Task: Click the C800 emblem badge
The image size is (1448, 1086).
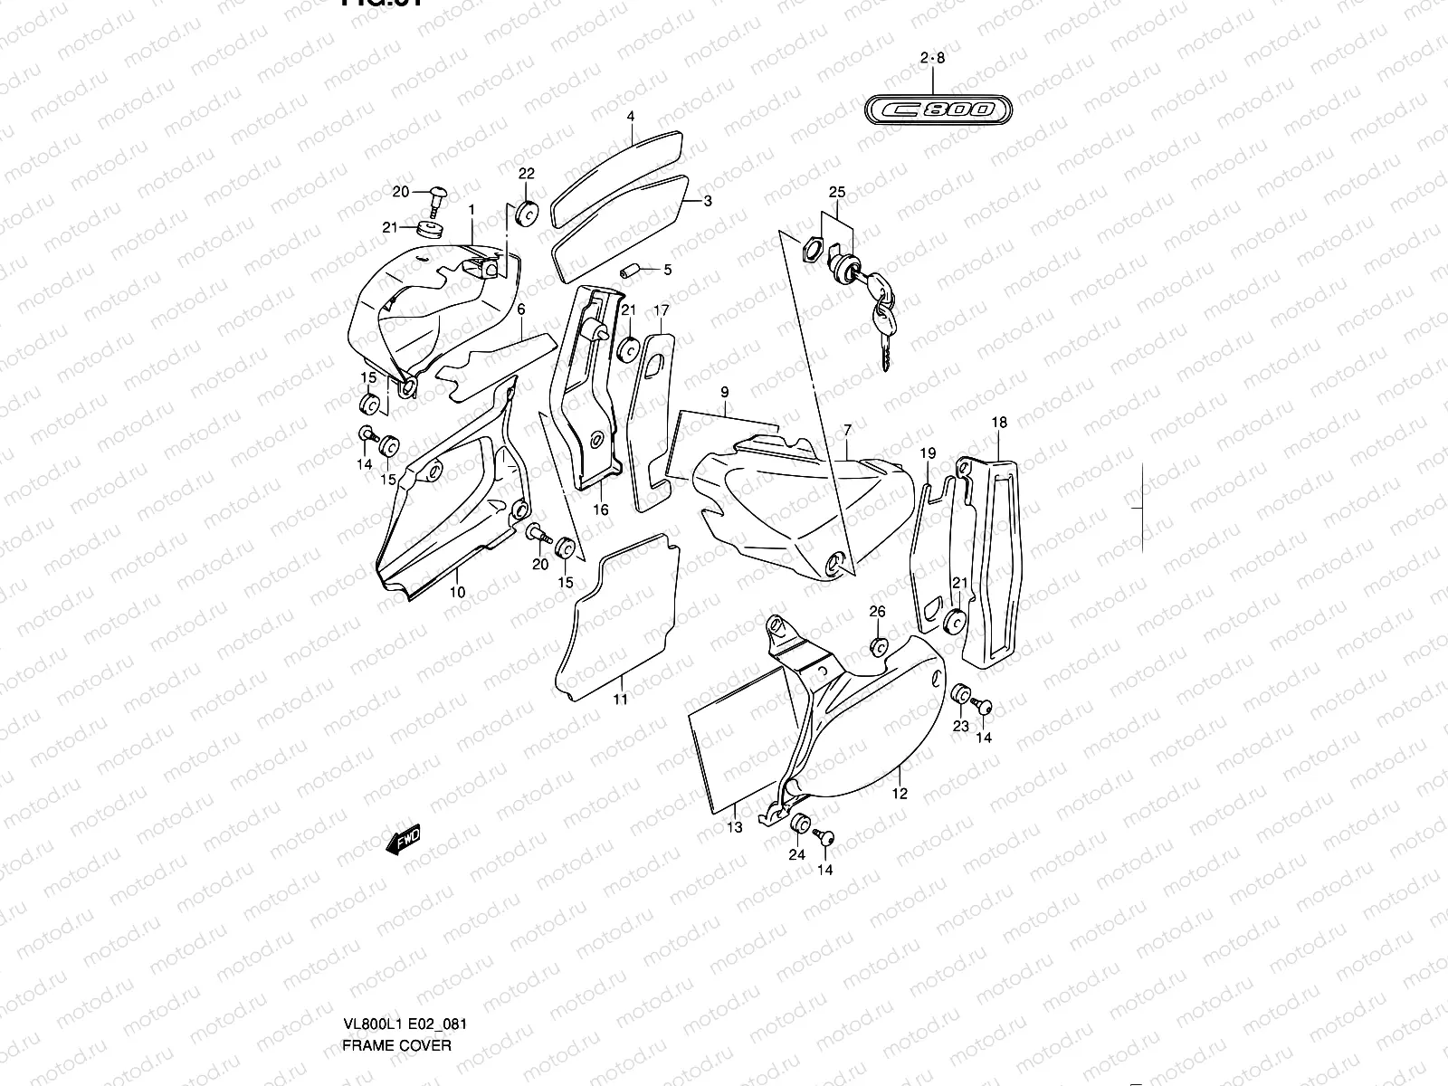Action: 935,110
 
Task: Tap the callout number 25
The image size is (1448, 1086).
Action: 836,193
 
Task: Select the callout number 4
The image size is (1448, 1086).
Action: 631,117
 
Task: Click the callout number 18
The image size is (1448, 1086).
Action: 999,423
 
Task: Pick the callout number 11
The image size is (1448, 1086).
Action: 620,699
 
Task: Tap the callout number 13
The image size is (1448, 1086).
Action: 734,827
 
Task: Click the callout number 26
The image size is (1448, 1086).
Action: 877,613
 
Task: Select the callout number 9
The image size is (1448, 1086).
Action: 725,392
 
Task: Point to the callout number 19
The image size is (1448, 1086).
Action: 928,452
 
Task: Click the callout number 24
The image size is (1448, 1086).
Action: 796,853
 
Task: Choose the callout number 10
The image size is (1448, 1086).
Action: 457,592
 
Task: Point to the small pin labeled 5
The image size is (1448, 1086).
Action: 631,270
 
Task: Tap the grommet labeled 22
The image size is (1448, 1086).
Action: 525,214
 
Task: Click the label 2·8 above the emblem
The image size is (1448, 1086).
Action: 932,59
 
